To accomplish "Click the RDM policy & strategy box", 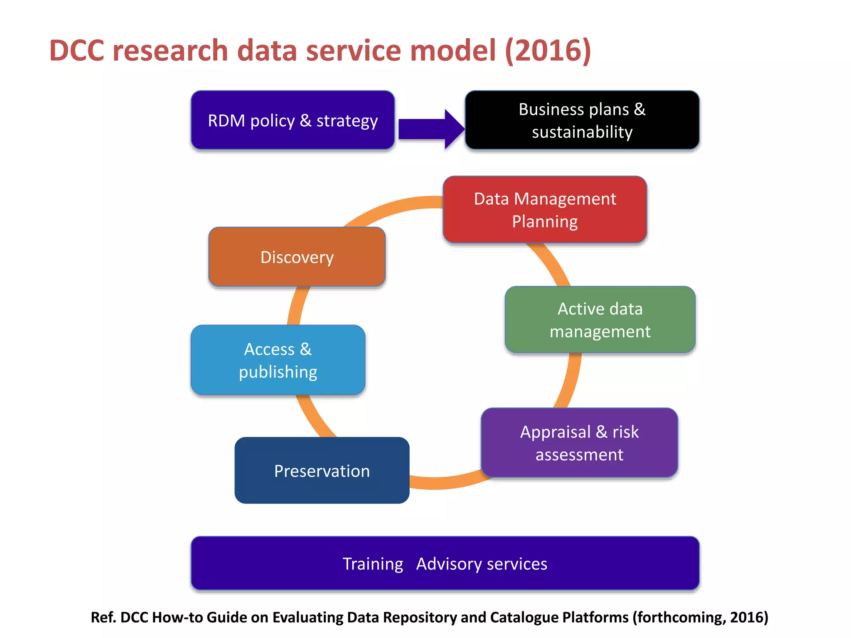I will [293, 120].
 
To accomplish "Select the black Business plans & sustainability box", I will [582, 120].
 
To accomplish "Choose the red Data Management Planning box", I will [545, 210].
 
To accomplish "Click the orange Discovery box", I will [297, 257].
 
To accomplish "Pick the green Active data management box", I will [600, 320].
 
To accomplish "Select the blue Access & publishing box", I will [278, 360].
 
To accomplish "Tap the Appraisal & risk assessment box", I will [579, 443].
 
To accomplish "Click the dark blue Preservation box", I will [322, 471].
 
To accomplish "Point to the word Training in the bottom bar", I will [373, 564].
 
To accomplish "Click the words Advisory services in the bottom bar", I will [482, 564].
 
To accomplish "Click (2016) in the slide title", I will [548, 51].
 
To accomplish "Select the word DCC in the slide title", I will [77, 51].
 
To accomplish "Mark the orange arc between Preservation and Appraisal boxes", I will [445, 482].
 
